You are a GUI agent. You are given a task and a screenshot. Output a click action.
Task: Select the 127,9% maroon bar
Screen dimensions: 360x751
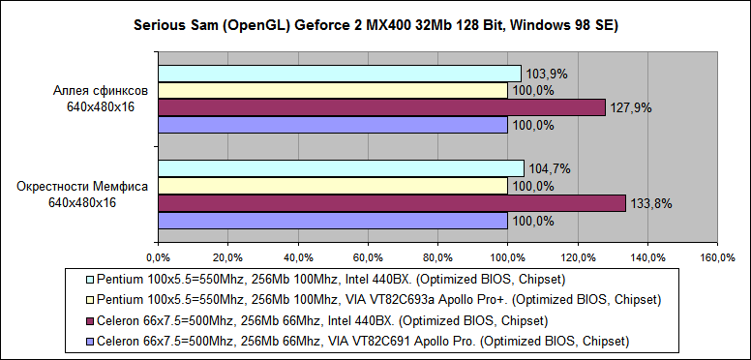click(381, 107)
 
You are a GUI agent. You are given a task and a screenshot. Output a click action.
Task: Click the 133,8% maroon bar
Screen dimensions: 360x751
click(392, 203)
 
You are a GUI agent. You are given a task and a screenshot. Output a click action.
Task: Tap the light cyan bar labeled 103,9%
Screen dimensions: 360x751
click(339, 74)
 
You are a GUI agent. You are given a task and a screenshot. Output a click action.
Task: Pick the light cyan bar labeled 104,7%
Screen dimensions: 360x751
click(341, 168)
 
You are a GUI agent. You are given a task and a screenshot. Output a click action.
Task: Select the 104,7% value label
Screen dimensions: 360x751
click(549, 168)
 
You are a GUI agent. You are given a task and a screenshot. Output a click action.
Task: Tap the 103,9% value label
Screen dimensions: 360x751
click(546, 74)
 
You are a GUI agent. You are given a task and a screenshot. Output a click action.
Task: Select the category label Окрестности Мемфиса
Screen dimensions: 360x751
click(82, 186)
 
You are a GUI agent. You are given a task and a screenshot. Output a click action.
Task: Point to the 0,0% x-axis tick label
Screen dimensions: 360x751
click(158, 258)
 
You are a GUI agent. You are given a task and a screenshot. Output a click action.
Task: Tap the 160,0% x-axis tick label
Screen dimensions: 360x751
click(716, 258)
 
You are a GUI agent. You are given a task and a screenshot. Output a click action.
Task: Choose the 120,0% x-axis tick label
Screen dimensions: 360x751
click(577, 258)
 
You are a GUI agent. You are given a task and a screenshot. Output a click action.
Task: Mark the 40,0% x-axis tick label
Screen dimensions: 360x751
click(297, 258)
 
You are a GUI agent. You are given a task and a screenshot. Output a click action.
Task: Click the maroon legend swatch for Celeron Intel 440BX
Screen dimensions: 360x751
click(90, 320)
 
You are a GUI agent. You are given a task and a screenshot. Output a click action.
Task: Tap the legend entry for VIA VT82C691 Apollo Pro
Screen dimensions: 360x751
click(358, 341)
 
